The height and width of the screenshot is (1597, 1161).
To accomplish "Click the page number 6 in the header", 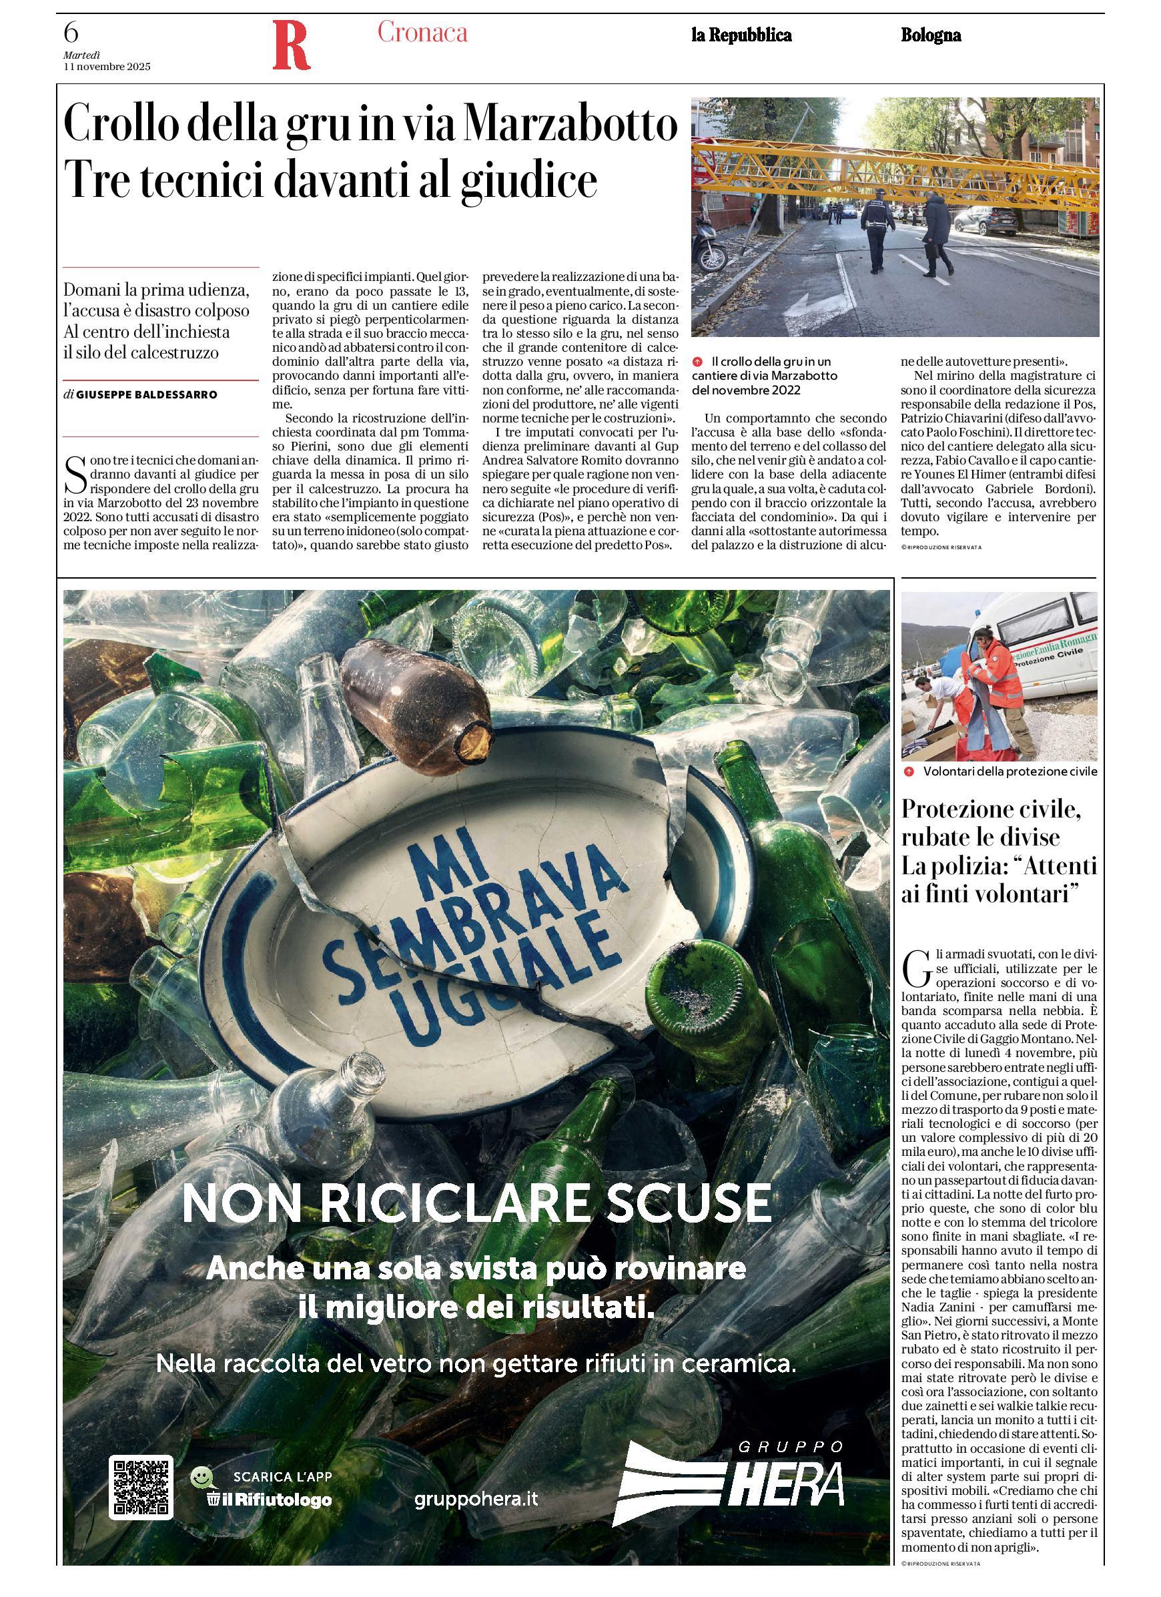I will pos(71,33).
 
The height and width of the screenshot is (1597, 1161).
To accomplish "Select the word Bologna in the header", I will pos(931,35).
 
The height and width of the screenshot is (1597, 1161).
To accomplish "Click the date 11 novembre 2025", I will pos(107,67).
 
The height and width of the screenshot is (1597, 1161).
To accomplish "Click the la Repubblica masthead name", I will pos(741,35).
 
